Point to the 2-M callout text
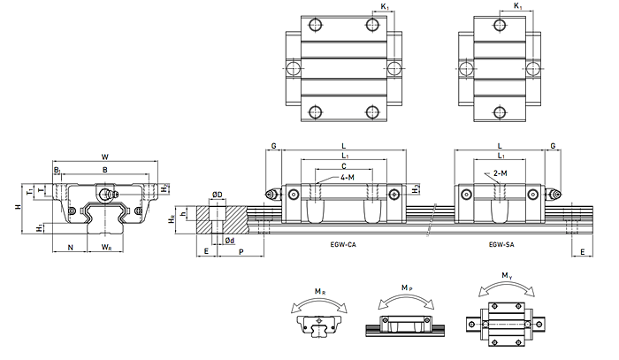coord(501,174)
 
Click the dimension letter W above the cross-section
coord(105,158)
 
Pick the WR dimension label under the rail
coord(105,247)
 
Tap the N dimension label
coord(70,247)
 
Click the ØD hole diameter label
coord(217,195)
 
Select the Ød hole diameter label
coord(229,240)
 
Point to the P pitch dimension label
coord(241,251)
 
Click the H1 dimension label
coord(40,227)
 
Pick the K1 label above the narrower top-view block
coord(518,7)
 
